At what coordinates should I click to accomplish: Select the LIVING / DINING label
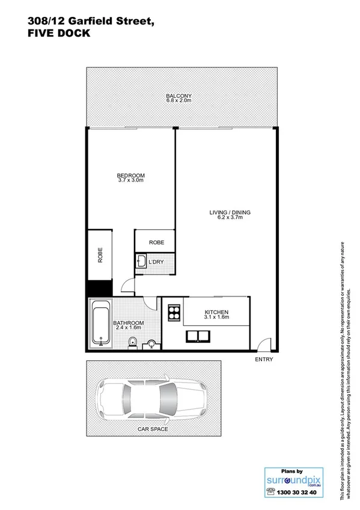pyautogui.click(x=230, y=212)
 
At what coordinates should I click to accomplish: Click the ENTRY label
pyautogui.click(x=264, y=360)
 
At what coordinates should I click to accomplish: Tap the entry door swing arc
pyautogui.click(x=262, y=345)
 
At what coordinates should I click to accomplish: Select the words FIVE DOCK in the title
pyautogui.click(x=58, y=34)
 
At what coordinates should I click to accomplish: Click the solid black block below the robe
pyautogui.click(x=100, y=288)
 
